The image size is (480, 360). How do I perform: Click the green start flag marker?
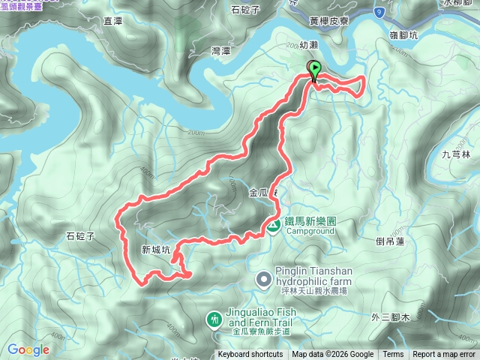(x=314, y=70)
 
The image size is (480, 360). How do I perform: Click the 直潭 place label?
(x=113, y=22)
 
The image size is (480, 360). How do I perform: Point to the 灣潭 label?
(x=222, y=51)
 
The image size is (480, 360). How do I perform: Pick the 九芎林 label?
(x=456, y=154)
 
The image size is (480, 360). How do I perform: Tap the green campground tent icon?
(x=274, y=223)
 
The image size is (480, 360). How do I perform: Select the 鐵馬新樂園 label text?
(x=310, y=222)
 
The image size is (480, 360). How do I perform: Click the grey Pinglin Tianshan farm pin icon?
(x=263, y=280)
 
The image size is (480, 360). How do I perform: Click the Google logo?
(x=28, y=349)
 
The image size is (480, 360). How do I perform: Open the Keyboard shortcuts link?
(x=250, y=355)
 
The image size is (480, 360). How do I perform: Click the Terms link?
(x=393, y=355)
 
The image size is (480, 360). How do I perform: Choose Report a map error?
(x=444, y=355)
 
